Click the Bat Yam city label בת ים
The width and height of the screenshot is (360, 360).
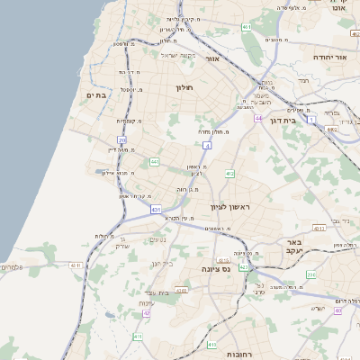pos(97,94)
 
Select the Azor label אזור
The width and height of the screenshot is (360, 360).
pos(213,58)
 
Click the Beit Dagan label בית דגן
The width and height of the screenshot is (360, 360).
pos(284,120)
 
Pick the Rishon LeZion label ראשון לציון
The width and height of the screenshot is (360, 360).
pos(234,207)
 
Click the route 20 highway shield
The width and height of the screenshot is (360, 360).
pos(121,139)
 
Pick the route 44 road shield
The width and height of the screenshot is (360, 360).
pos(258,119)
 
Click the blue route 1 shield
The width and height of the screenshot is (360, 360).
pos(310,119)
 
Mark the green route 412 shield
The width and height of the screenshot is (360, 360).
pos(230,173)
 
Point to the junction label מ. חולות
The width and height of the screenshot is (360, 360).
pos(211,131)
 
